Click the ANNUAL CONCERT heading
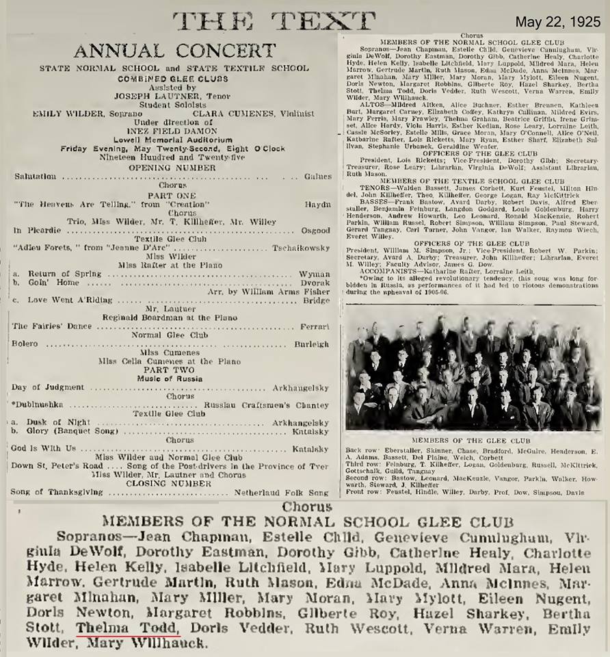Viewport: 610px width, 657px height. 174,51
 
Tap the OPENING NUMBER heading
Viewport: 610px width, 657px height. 174,166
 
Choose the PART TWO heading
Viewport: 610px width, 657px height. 174,370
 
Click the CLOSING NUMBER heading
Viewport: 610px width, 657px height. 174,482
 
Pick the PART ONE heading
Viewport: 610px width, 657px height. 174,194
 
